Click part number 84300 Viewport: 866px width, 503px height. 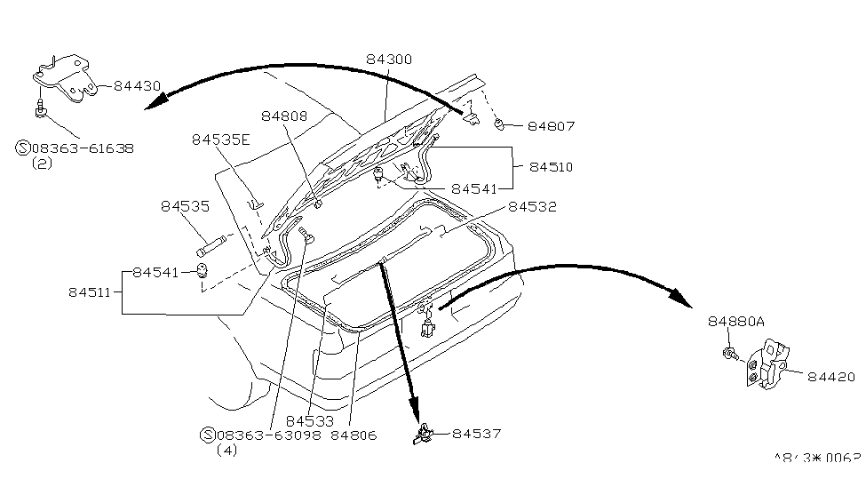tap(389, 60)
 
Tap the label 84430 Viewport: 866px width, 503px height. tap(137, 85)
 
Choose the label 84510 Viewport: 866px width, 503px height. tap(552, 166)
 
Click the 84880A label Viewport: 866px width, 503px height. tap(735, 321)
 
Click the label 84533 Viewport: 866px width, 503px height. tap(309, 419)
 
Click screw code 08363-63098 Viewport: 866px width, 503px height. tap(271, 435)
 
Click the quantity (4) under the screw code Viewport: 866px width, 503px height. tap(227, 451)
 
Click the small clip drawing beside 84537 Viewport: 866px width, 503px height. tap(423, 434)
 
